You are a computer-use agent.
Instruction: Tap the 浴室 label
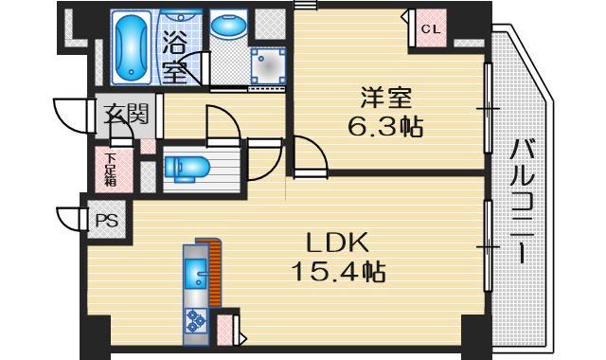174,56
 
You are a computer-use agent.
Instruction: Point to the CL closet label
431,28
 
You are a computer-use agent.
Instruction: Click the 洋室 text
384,98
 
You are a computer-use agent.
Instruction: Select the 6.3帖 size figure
384,126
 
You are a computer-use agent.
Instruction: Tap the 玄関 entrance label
125,116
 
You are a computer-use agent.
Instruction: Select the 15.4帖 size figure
338,273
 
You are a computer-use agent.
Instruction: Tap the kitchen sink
197,276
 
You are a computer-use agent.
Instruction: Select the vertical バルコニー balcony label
522,200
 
